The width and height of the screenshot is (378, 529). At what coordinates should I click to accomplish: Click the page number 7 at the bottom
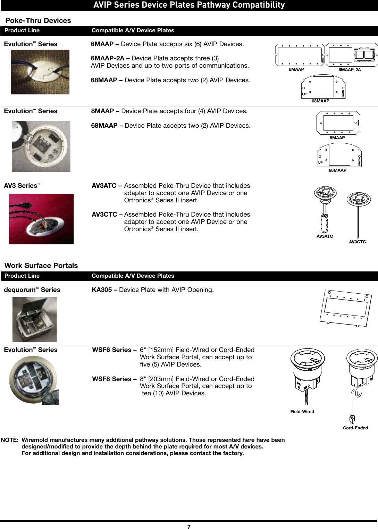coord(189,527)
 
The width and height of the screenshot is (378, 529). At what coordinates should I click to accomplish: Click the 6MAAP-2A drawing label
coord(350,69)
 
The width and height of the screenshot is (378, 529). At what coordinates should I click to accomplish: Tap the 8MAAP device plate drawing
coord(339,123)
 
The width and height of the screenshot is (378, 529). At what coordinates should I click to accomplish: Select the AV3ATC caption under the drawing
coord(325,236)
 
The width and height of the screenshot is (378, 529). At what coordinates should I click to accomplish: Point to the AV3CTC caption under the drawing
coord(358,241)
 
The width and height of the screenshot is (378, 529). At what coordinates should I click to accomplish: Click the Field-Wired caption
coord(302,411)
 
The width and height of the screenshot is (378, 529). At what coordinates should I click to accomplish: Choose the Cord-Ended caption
coord(355,428)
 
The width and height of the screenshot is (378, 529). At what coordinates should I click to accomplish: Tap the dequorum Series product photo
coord(34,319)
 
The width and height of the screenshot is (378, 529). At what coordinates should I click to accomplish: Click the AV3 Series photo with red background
coord(41,219)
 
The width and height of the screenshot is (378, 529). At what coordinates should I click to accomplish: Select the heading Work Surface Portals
coord(41,266)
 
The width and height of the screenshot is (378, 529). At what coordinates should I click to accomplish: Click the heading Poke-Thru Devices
coord(38,20)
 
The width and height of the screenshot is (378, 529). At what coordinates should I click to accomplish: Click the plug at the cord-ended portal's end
coord(352,419)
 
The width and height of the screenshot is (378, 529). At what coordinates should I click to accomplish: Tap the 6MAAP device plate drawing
coord(300,54)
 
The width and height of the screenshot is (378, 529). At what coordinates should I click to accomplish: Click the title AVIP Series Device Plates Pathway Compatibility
coord(189,5)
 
